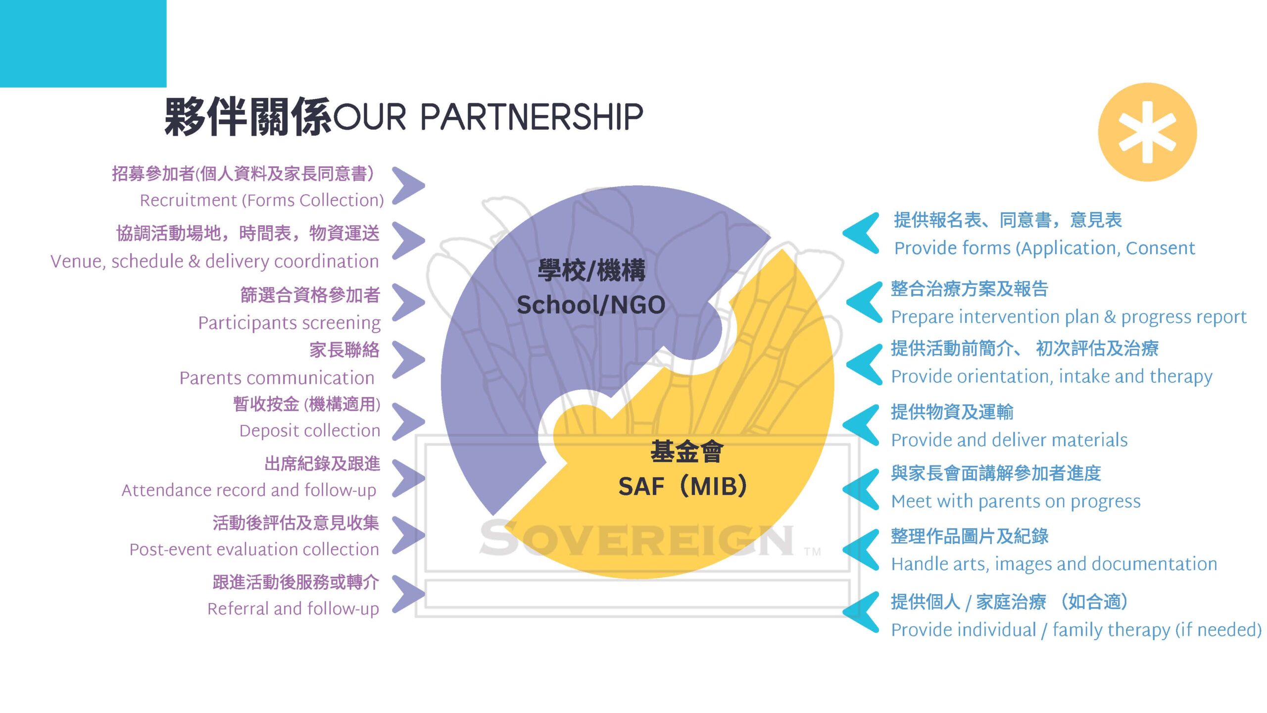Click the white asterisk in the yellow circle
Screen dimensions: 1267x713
pyautogui.click(x=1147, y=132)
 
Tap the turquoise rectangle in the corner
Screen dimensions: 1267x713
pyautogui.click(x=83, y=44)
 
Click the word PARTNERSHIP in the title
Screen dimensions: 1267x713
pyautogui.click(x=532, y=117)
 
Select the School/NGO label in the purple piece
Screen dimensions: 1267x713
pyautogui.click(x=591, y=305)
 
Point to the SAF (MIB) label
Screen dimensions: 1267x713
pyautogui.click(x=683, y=486)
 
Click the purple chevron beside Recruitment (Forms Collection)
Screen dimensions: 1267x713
pyautogui.click(x=408, y=186)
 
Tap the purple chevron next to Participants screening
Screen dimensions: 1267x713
pyautogui.click(x=408, y=302)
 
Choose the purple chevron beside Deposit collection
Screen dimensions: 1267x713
pyautogui.click(x=408, y=421)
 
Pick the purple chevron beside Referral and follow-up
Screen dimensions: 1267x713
pyautogui.click(x=408, y=594)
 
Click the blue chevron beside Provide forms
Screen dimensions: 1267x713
pyautogui.click(x=861, y=233)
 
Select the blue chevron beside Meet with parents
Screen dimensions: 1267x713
pyautogui.click(x=861, y=489)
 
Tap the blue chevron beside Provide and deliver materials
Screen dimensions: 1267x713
pyautogui.click(x=861, y=425)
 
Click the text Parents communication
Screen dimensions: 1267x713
pyautogui.click(x=277, y=378)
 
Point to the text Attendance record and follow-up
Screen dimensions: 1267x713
pyautogui.click(x=249, y=490)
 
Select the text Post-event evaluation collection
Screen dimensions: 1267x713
pyautogui.click(x=254, y=549)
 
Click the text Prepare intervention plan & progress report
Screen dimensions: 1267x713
pyautogui.click(x=1069, y=317)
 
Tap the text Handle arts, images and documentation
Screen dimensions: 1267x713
pyautogui.click(x=1054, y=564)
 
